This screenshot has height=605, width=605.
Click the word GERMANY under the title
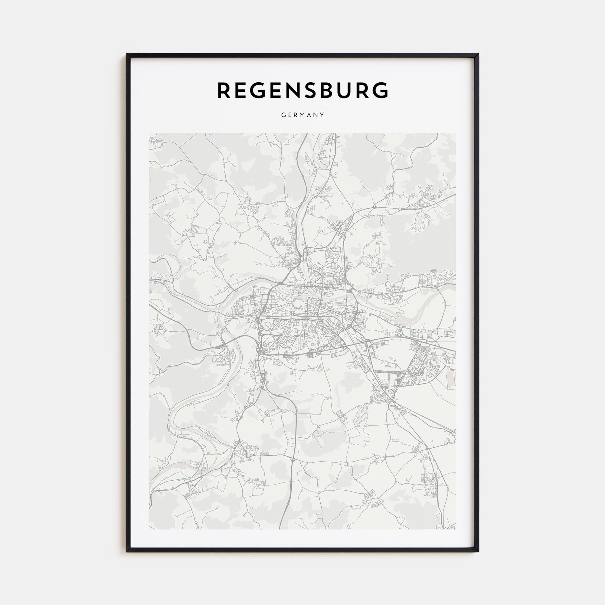point(302,115)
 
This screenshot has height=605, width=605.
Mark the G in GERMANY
point(283,115)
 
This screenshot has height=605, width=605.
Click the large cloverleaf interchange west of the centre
point(259,348)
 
